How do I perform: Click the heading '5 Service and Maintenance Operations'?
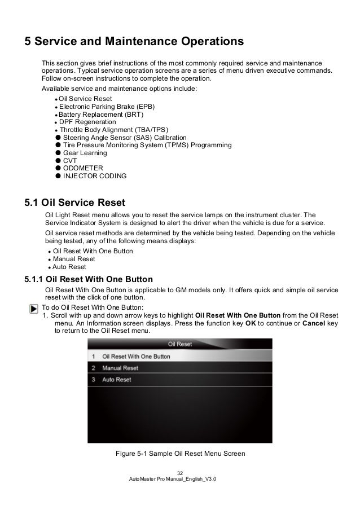click(133, 42)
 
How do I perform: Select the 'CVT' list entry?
click(71, 161)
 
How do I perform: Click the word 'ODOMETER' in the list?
click(83, 168)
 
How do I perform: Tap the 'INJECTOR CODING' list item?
click(95, 176)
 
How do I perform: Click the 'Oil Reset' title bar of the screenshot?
click(180, 344)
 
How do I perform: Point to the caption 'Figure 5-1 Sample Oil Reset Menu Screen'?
click(180, 453)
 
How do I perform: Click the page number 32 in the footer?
click(180, 472)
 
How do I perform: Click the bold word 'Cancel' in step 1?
click(314, 323)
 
